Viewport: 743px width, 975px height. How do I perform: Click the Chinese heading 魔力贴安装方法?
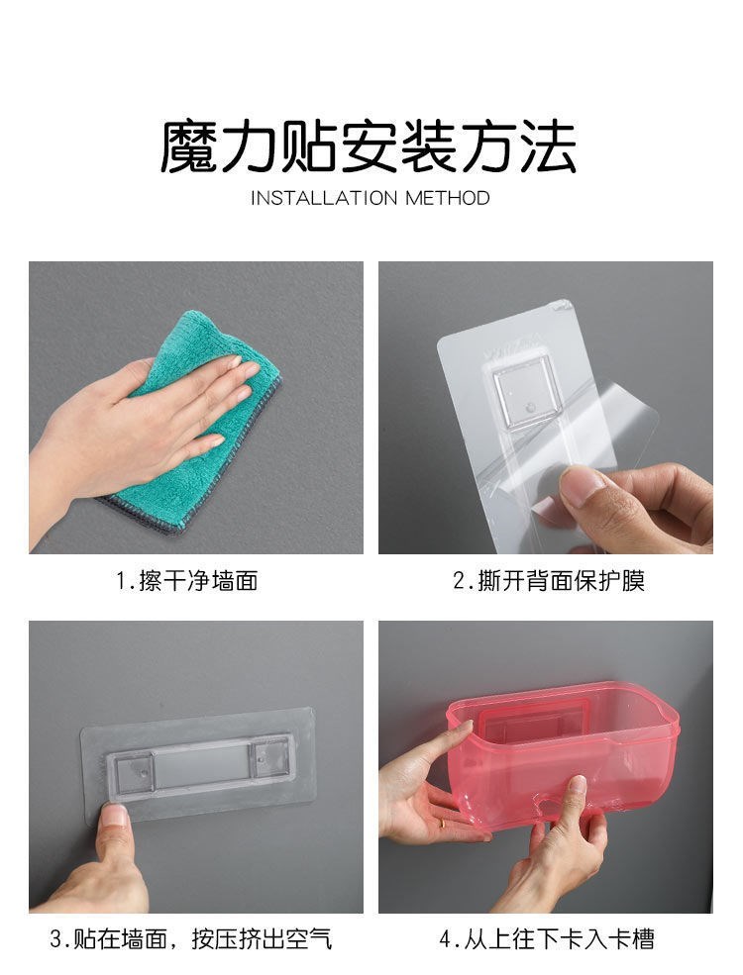pos(369,146)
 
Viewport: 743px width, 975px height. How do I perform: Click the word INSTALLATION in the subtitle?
pos(324,198)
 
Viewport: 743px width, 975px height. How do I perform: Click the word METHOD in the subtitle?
pos(448,198)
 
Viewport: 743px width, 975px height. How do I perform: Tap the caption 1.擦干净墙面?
pos(187,581)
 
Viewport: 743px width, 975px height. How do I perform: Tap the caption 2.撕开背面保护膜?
pos(548,581)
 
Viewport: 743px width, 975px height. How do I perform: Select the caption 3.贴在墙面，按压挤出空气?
pos(191,939)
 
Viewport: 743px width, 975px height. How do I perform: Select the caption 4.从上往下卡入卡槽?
pos(547,939)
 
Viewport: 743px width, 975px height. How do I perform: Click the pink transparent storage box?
pos(563,755)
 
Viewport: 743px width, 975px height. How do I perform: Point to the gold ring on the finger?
pos(442,824)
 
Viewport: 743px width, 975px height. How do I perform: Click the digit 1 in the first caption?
pos(121,581)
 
